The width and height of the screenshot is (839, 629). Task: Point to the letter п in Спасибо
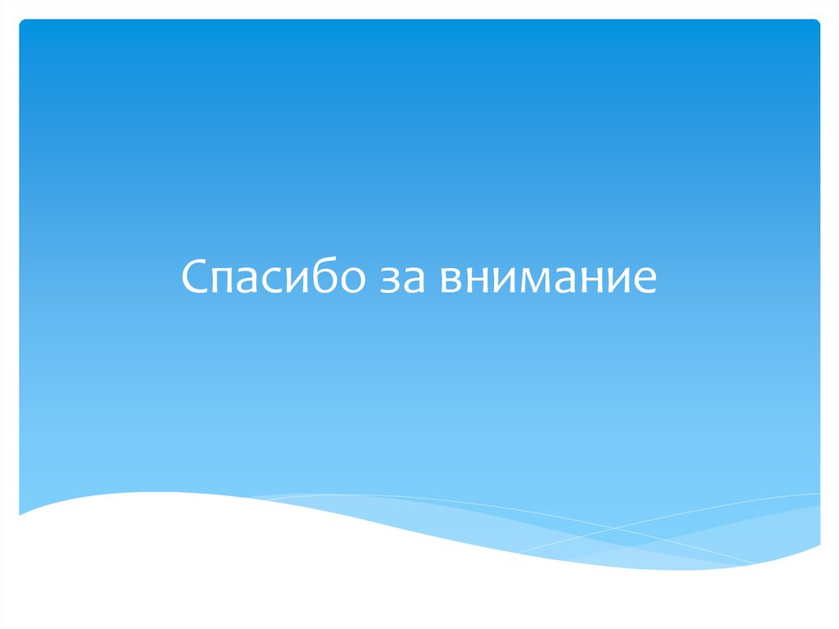pos(222,283)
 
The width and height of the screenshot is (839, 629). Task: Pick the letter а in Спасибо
pos(248,283)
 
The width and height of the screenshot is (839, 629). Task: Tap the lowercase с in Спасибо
pos(271,283)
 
